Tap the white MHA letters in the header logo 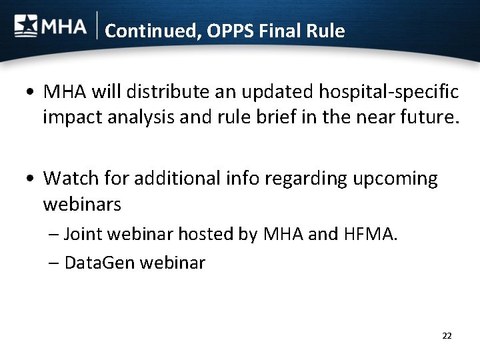click(x=64, y=27)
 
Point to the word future click(x=425, y=118)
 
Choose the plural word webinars click(x=82, y=205)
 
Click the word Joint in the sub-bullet click(x=83, y=234)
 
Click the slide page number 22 click(x=447, y=335)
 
